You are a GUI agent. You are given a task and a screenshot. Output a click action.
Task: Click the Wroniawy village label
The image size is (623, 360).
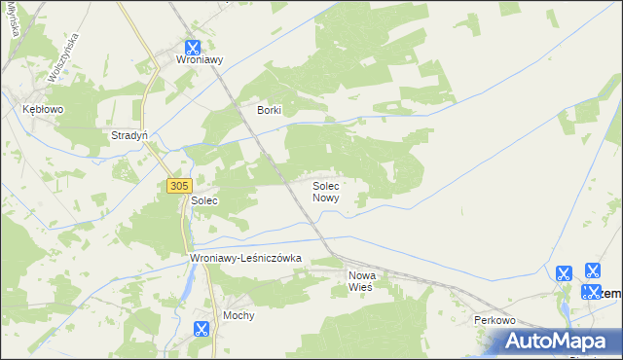point(200,59)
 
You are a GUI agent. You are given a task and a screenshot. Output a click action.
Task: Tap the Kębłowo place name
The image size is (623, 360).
point(43,110)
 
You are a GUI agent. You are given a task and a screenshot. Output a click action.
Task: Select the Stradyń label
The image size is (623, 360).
point(128,135)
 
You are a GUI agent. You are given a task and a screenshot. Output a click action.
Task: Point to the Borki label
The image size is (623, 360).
point(269,110)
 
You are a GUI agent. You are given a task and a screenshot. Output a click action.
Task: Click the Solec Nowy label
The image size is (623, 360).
point(325,191)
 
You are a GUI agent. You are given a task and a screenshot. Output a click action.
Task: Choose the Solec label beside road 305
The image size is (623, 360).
point(203,200)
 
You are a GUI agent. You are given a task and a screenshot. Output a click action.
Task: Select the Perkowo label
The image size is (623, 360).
point(494,320)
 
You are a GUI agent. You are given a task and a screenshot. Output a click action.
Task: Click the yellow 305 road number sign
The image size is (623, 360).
point(177,185)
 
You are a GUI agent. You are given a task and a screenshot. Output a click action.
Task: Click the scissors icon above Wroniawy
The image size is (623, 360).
point(193,45)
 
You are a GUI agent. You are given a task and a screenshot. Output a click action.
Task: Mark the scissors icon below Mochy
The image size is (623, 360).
point(202,329)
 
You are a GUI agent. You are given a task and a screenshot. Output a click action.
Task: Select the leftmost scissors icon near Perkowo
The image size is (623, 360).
point(563,274)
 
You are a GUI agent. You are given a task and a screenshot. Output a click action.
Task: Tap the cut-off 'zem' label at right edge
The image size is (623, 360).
point(611,292)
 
